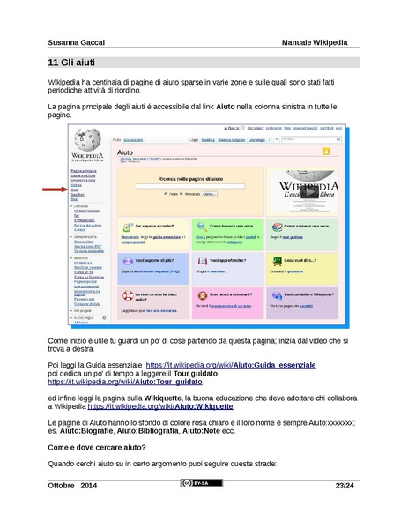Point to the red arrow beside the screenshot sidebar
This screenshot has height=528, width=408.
click(x=54, y=190)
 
